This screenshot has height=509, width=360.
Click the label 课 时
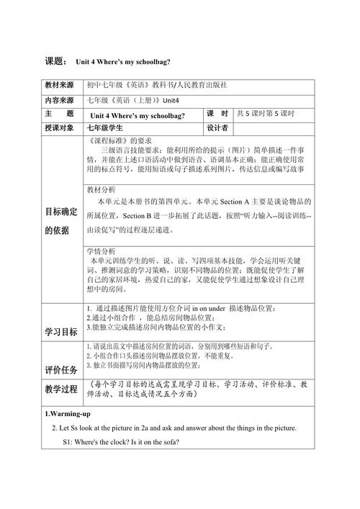click(x=217, y=114)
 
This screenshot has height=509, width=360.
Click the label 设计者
click(x=217, y=127)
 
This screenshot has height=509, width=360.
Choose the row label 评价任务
click(x=61, y=369)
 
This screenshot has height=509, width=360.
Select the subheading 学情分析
click(x=102, y=251)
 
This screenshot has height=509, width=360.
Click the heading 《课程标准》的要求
click(x=122, y=140)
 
